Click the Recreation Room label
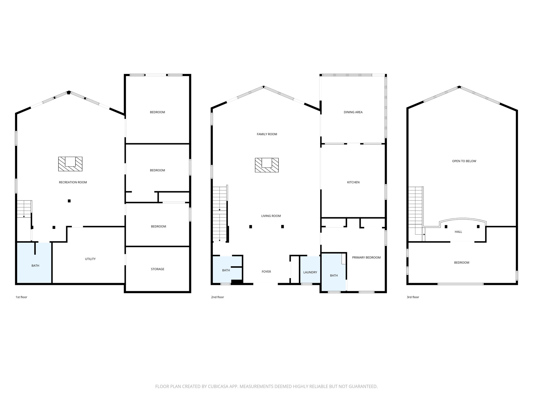coord(73,182)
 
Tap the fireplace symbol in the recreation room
coord(70,164)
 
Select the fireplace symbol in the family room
coord(266,165)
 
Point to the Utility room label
coord(90,259)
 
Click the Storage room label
coord(157,269)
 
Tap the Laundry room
coord(310,272)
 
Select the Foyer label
coord(266,272)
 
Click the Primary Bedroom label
coord(366,257)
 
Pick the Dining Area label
coord(353,112)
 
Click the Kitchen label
coord(353,182)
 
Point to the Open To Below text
coord(464,161)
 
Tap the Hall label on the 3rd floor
coord(458,232)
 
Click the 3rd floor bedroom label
coord(461,262)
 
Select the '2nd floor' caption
coord(217,297)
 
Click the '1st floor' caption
coord(21,297)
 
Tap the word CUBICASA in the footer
coord(218,386)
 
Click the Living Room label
coord(271,216)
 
